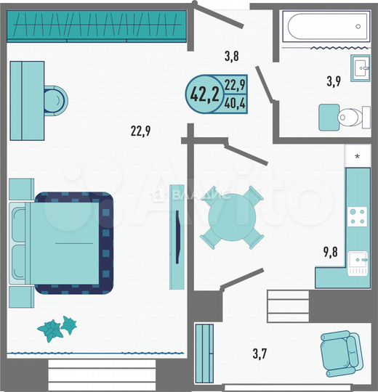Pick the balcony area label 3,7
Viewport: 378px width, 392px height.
(x=260, y=354)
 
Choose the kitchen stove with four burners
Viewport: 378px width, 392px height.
(x=358, y=215)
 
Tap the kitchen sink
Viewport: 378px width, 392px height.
(x=357, y=262)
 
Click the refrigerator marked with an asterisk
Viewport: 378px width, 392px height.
(x=357, y=156)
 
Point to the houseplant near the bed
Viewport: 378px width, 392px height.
(x=57, y=328)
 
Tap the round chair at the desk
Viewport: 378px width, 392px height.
(x=55, y=100)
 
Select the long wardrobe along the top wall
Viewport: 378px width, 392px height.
(x=98, y=27)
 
